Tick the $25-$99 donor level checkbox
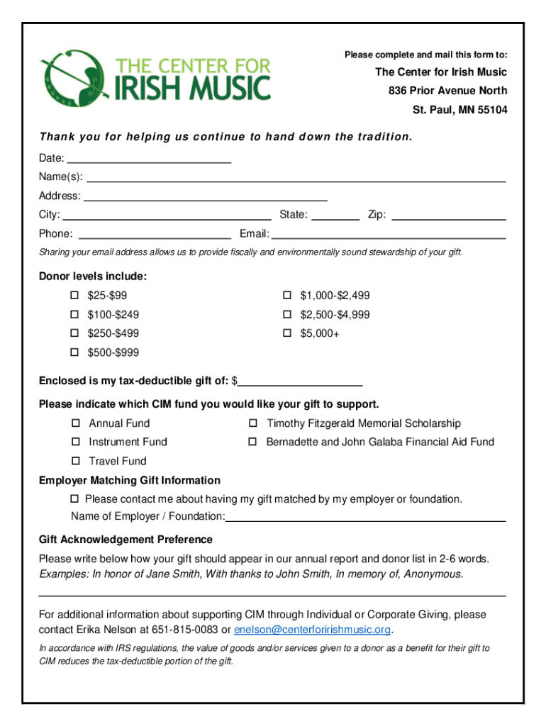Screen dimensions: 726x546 (x=74, y=295)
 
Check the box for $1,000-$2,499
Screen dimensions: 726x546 (x=287, y=295)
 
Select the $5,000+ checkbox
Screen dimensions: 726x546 (x=287, y=333)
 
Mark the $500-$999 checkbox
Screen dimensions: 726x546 (x=74, y=352)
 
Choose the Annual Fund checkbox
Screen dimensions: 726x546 (x=75, y=423)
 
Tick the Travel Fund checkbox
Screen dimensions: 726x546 (x=75, y=461)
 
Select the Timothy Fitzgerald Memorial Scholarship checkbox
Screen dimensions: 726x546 (x=252, y=423)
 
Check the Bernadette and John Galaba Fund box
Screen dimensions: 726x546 (x=252, y=442)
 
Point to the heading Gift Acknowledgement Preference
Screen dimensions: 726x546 (x=126, y=540)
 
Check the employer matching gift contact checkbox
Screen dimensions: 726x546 (x=75, y=499)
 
